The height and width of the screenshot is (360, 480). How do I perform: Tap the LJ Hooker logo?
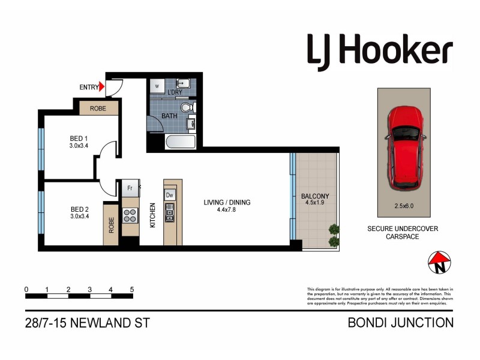[380, 50]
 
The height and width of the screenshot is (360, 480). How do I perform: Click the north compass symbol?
[439, 261]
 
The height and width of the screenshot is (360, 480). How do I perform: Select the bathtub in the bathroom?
[181, 143]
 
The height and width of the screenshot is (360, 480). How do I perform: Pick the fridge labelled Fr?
[130, 188]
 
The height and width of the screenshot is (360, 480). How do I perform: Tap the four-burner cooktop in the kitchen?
[130, 215]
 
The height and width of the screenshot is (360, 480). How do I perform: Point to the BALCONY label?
[316, 196]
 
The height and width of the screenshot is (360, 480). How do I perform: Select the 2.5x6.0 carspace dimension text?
[404, 205]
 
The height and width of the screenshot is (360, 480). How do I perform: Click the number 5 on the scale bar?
[131, 289]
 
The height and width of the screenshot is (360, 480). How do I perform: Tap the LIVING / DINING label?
[227, 202]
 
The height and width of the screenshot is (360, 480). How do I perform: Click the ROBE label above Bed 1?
[99, 109]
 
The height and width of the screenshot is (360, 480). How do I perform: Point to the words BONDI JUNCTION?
[401, 323]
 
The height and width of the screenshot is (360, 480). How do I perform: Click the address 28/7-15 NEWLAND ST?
[88, 323]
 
